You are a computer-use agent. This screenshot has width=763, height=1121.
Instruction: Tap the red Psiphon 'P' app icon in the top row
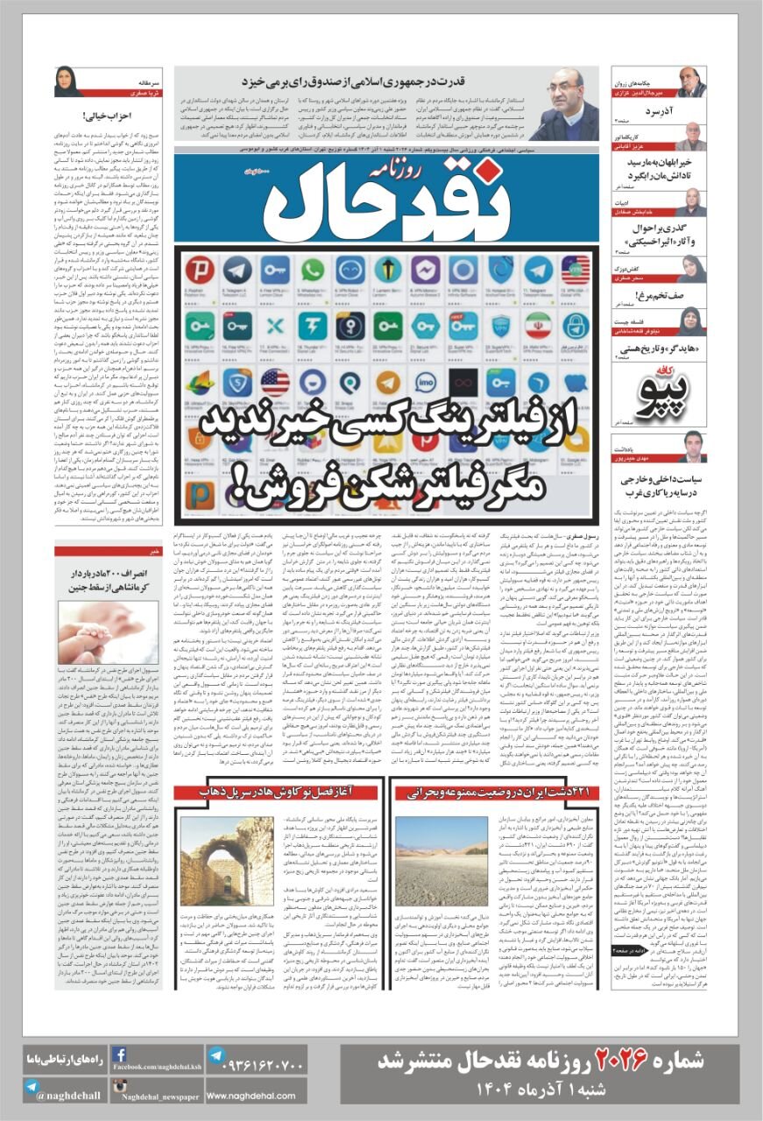tap(201, 270)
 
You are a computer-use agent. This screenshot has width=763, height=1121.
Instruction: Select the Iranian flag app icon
tap(537, 326)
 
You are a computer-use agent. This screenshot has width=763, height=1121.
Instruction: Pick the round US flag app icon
tap(275, 382)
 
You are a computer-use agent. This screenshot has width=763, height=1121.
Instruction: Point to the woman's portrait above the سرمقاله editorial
tap(67, 81)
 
